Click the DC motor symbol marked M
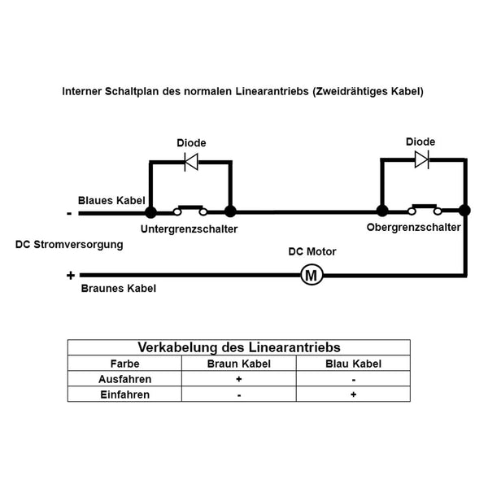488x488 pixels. (x=312, y=275)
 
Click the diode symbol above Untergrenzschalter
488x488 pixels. (x=191, y=161)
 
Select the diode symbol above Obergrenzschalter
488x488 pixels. (x=421, y=159)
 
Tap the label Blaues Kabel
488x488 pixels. (x=111, y=200)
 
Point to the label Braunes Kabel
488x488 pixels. (x=119, y=289)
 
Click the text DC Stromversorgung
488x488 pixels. (x=69, y=244)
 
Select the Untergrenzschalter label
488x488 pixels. (x=189, y=230)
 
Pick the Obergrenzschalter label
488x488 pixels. (x=413, y=228)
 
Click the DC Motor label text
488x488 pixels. (x=312, y=252)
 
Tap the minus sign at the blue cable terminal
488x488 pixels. (x=70, y=213)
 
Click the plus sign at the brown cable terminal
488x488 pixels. (x=71, y=276)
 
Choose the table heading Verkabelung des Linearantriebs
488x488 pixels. (x=238, y=347)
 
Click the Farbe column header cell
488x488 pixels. (x=124, y=364)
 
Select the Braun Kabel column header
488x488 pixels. (x=239, y=364)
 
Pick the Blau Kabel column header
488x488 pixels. (x=353, y=364)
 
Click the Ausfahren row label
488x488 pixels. (x=124, y=379)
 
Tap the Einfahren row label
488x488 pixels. (x=124, y=394)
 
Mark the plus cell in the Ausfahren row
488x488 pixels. (x=239, y=379)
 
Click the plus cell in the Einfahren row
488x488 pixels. (x=353, y=394)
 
